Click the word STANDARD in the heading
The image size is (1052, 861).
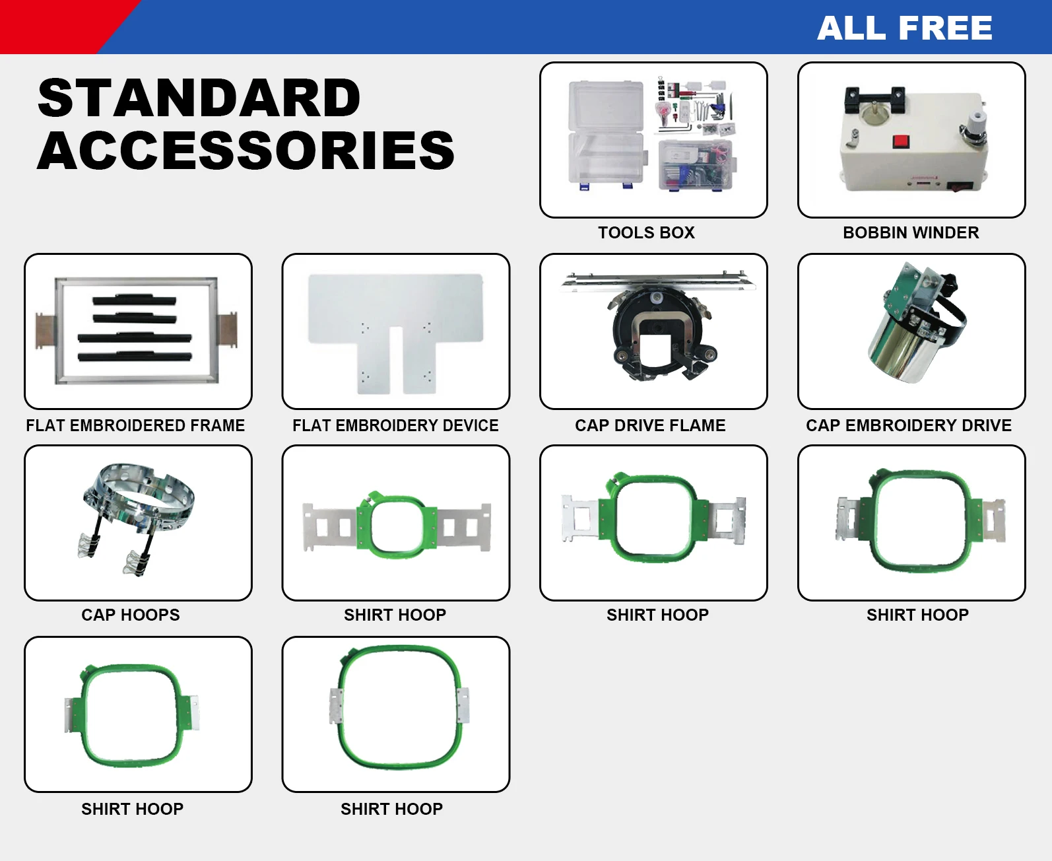[x=199, y=98]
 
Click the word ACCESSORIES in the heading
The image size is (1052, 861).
[x=246, y=150]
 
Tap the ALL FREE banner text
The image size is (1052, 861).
[x=904, y=28]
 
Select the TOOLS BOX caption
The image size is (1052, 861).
[x=646, y=232]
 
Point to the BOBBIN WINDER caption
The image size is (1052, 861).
[x=911, y=232]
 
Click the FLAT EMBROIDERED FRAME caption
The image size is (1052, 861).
[x=135, y=425]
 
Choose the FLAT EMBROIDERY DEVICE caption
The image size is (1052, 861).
[x=395, y=425]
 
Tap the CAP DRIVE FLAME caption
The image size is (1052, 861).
[x=650, y=425]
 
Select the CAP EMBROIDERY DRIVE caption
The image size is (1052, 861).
[x=908, y=425]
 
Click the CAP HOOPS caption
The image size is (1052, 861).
[x=131, y=615]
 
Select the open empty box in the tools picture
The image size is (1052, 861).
[x=605, y=135]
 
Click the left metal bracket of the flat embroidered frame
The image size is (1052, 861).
[x=45, y=330]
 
